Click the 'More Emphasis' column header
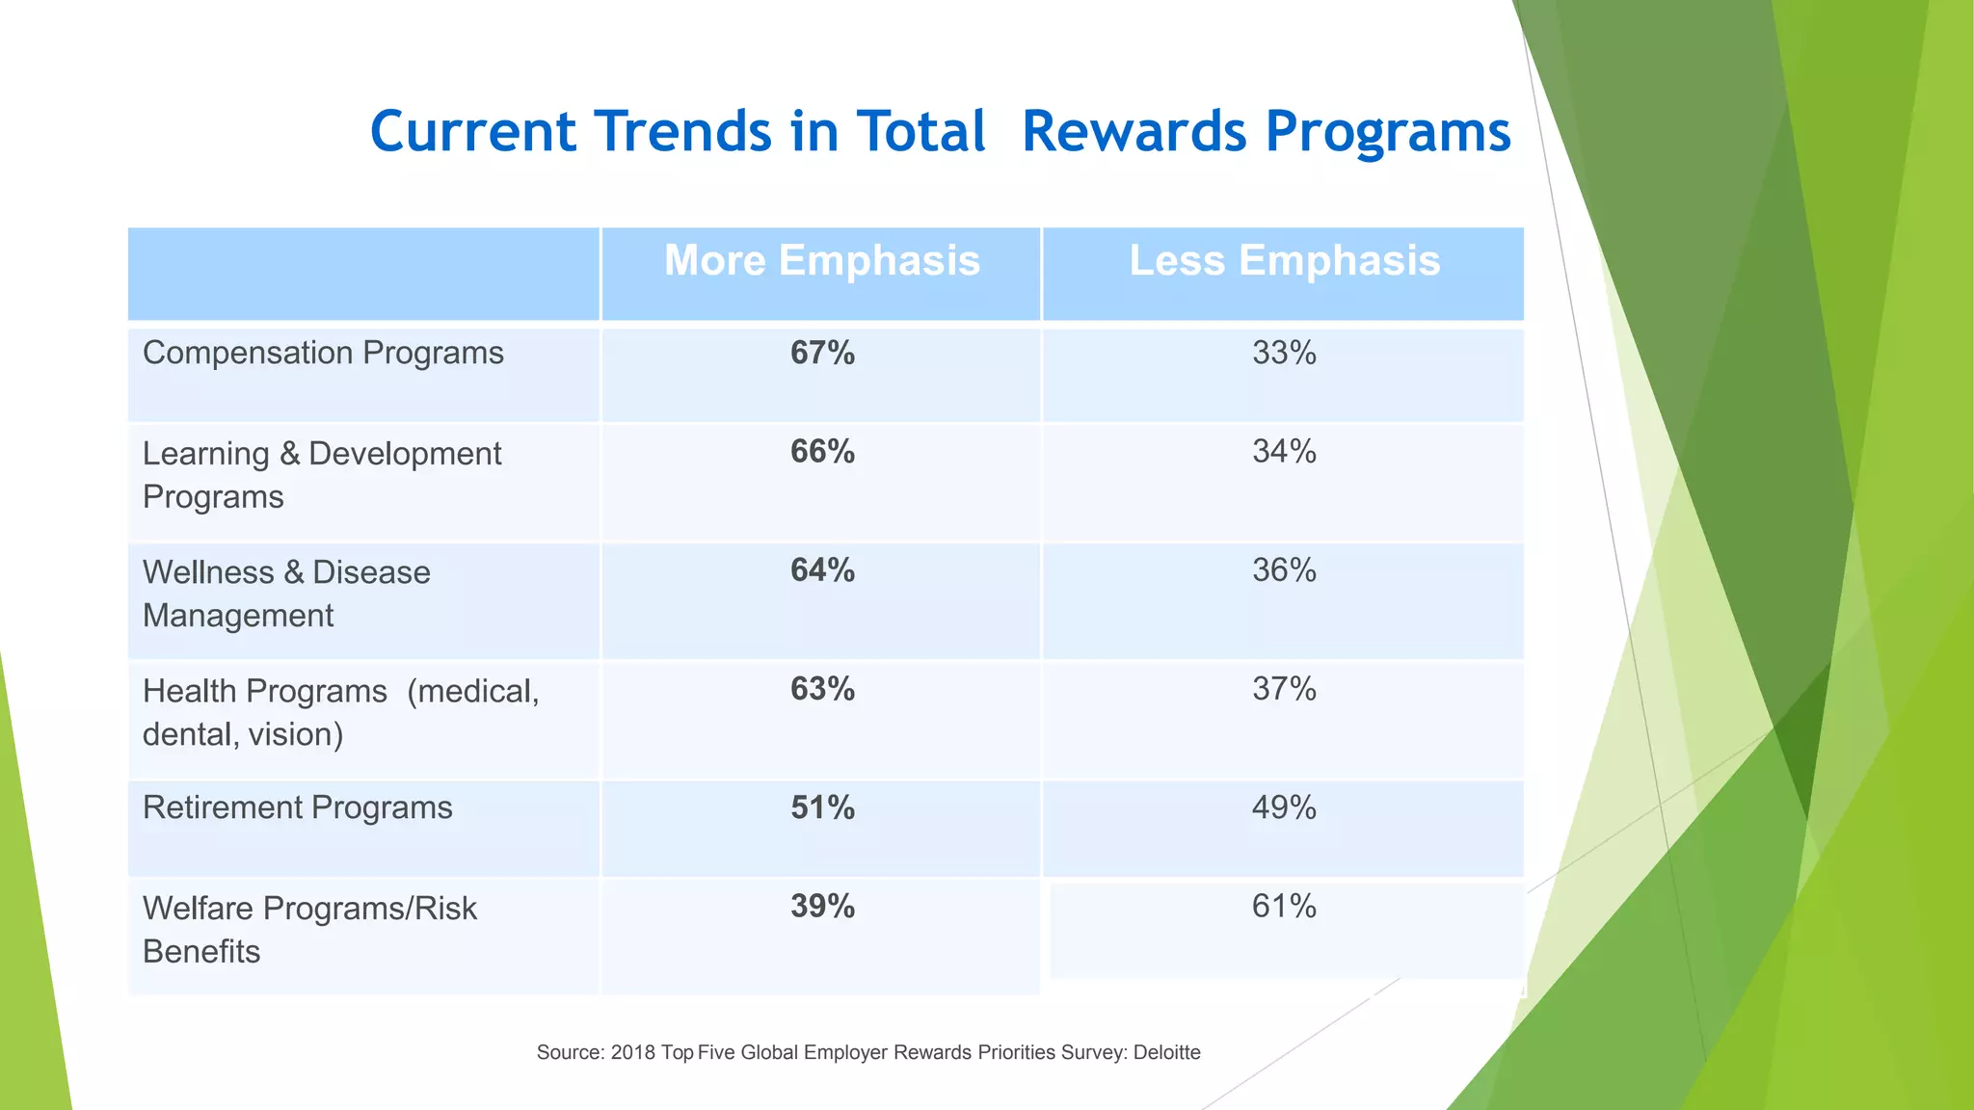click(x=822, y=261)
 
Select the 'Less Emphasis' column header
click(x=1284, y=261)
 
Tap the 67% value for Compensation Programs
click(x=822, y=354)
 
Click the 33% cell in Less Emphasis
click(x=1284, y=354)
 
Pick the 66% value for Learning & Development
click(x=822, y=452)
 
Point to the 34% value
click(x=1284, y=452)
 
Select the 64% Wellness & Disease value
click(x=822, y=570)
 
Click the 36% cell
click(x=1284, y=570)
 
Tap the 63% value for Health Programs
click(x=822, y=689)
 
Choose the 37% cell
click(x=1284, y=689)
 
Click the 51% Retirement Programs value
click(x=822, y=807)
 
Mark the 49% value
click(x=1284, y=807)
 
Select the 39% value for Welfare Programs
click(x=822, y=907)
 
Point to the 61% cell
click(x=1284, y=907)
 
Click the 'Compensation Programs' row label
click(x=323, y=354)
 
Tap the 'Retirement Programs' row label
click(x=297, y=807)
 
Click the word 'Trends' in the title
click(x=681, y=131)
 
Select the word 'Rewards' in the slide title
click(x=1134, y=131)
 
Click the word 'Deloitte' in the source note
click(x=1166, y=1052)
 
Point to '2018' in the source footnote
click(x=632, y=1052)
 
